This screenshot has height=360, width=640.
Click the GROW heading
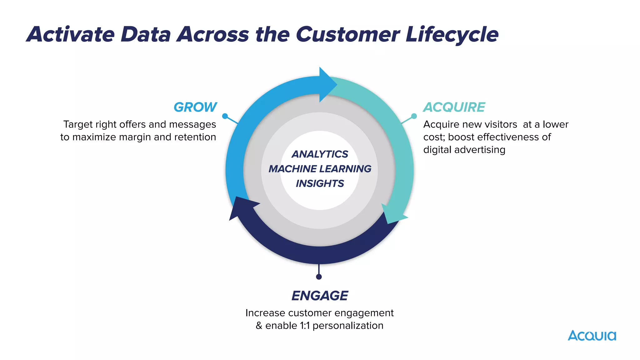tap(195, 107)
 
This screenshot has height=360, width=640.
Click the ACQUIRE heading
tap(454, 107)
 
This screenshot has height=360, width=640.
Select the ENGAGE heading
tap(320, 296)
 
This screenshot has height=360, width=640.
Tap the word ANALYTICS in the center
tap(320, 154)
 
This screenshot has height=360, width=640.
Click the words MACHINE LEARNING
tap(320, 169)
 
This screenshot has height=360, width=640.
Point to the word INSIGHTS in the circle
tap(320, 183)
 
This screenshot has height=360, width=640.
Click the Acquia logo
tap(592, 336)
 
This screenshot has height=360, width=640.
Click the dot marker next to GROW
tap(225, 116)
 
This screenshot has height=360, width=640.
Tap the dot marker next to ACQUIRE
tap(414, 116)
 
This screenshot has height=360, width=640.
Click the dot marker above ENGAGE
tap(319, 277)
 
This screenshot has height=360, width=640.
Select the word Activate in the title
tap(71, 34)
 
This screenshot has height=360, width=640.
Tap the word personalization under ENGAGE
tap(348, 326)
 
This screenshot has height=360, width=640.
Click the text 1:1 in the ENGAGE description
tap(305, 326)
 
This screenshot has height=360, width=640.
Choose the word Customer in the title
tap(347, 34)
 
